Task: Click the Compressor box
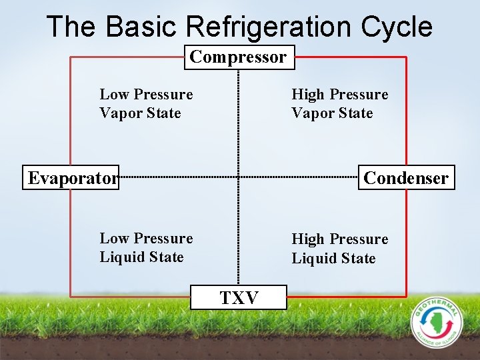[239, 57]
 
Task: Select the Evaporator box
[71, 178]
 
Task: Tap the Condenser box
[406, 178]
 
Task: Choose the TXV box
[239, 297]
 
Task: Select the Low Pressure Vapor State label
[146, 103]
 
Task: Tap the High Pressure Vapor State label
[339, 103]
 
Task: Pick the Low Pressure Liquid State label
[146, 247]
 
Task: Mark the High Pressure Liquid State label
[339, 248]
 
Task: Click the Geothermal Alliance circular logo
[435, 321]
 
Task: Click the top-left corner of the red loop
[71, 57]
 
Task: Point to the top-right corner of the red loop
[406, 57]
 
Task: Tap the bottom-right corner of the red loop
[406, 297]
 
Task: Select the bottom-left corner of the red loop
[71, 297]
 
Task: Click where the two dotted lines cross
[239, 177]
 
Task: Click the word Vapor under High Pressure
[312, 113]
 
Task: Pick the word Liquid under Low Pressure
[121, 257]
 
